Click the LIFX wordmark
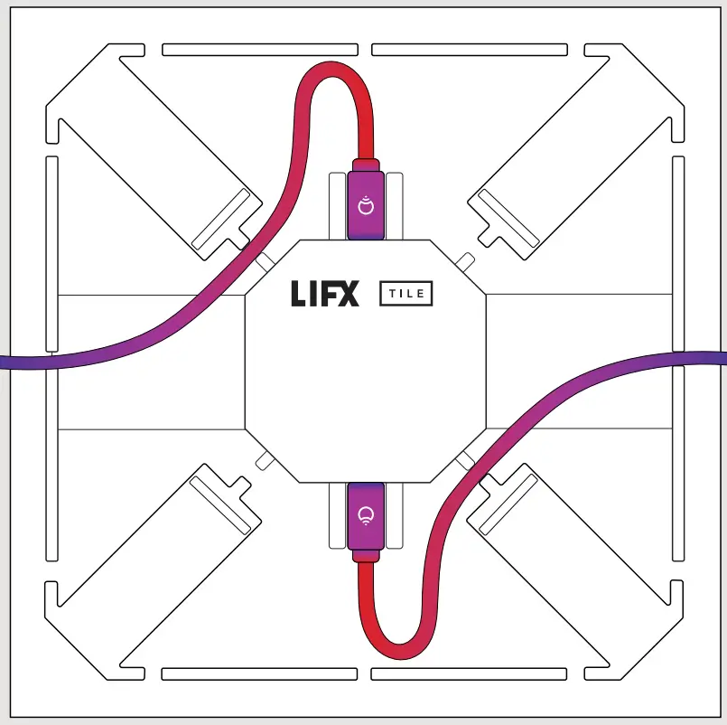pyautogui.click(x=324, y=294)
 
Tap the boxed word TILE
pyautogui.click(x=405, y=293)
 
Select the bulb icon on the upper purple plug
pyautogui.click(x=366, y=205)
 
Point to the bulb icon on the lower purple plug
pyautogui.click(x=366, y=516)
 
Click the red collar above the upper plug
pyautogui.click(x=366, y=165)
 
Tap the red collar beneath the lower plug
pyautogui.click(x=366, y=556)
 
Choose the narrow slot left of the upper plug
pyautogui.click(x=337, y=205)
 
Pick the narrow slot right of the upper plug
pyautogui.click(x=395, y=205)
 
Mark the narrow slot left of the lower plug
pyautogui.click(x=337, y=516)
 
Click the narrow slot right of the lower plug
pyautogui.click(x=395, y=516)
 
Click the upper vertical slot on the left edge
pyautogui.click(x=51, y=253)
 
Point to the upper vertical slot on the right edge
pyautogui.click(x=678, y=253)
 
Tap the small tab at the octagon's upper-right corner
pyautogui.click(x=464, y=262)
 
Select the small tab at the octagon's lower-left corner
pyautogui.click(x=265, y=461)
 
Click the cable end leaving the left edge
pyautogui.click(x=7, y=362)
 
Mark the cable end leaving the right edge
pyautogui.click(x=719, y=358)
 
